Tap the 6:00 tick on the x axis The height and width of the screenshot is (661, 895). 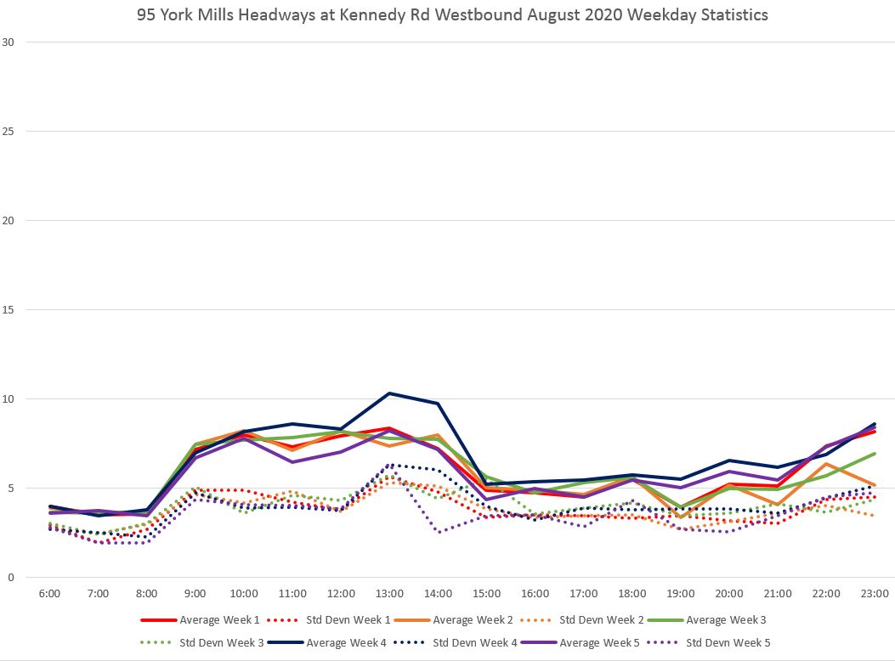(x=49, y=594)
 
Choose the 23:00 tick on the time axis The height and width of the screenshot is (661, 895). (x=875, y=594)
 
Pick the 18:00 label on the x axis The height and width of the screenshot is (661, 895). (x=632, y=594)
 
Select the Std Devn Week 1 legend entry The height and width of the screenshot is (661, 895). (x=345, y=620)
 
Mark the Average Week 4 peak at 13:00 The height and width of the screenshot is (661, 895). (x=389, y=393)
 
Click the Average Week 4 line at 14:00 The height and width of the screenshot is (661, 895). (x=438, y=404)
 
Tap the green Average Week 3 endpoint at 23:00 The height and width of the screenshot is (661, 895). (x=875, y=454)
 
